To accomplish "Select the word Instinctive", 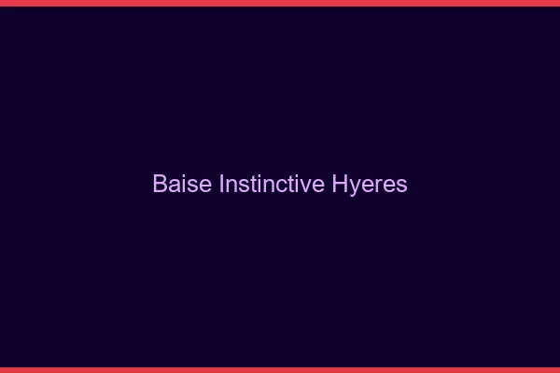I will click(x=272, y=184).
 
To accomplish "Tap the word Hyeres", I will click(x=370, y=184).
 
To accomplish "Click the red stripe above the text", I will click(x=280, y=3).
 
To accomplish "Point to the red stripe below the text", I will click(x=280, y=369).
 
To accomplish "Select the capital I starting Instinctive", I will click(x=221, y=184).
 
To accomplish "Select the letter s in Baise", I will click(x=191, y=185).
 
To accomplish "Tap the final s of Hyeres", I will click(x=401, y=185).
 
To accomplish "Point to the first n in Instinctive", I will click(x=231, y=185).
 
